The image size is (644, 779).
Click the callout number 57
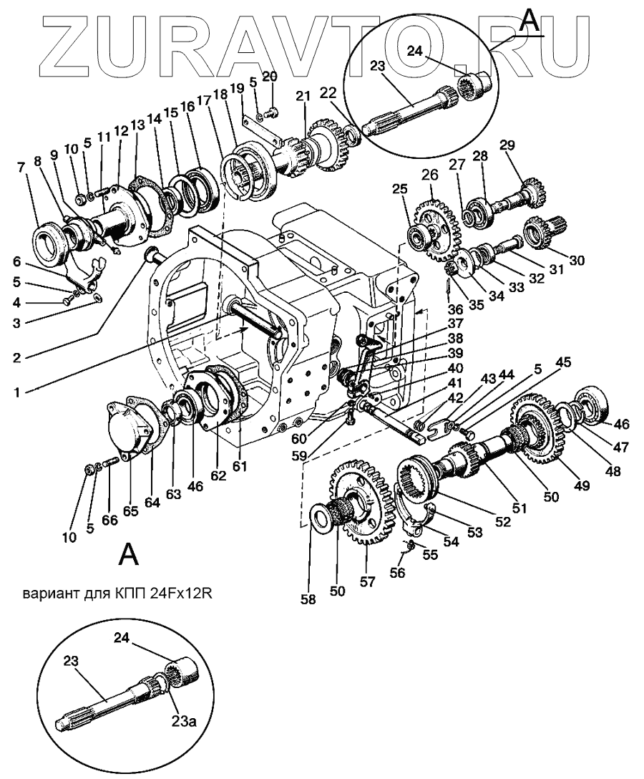(x=367, y=581)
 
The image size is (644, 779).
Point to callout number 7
(x=21, y=168)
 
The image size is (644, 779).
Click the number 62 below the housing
(x=218, y=475)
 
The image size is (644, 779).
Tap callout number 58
(x=308, y=600)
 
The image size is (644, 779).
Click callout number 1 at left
(x=17, y=392)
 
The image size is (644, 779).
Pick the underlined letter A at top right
(x=530, y=22)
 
